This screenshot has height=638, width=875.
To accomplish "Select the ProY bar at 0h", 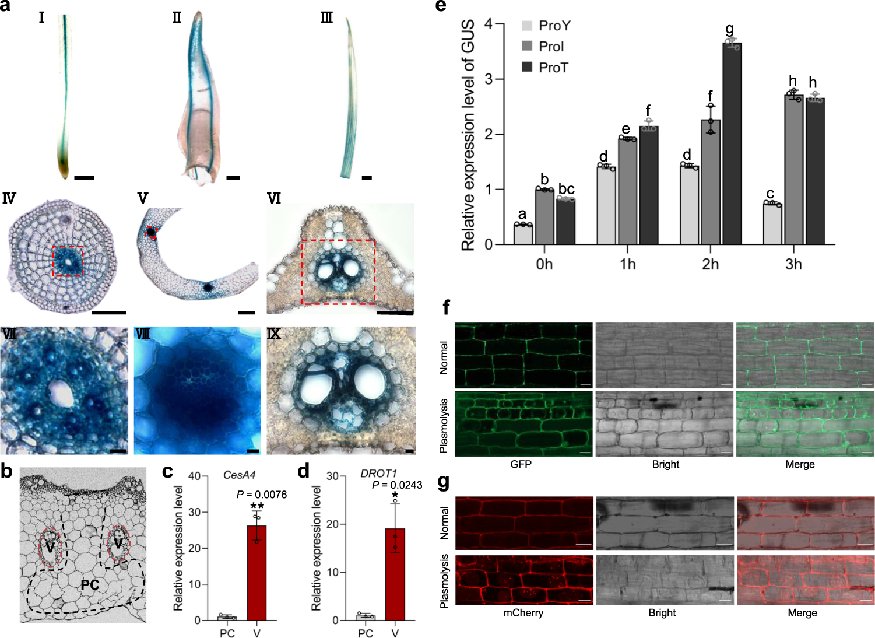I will point(523,234).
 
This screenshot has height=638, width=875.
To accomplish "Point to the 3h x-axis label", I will point(793,265).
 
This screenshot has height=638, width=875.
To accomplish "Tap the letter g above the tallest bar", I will point(729,29).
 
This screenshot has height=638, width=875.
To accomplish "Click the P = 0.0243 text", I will point(397,485).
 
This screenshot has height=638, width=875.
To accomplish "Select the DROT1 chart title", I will point(378,474).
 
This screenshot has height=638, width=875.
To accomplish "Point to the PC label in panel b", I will point(90,584).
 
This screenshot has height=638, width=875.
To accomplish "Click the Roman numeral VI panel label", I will point(274,198).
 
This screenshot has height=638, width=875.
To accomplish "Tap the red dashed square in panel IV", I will point(68,261).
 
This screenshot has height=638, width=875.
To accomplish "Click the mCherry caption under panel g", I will point(523,613).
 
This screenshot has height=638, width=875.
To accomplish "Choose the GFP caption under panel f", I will point(521,464).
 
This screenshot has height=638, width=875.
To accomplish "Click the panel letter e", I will point(441,7).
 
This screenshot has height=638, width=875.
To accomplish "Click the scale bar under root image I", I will point(84,177).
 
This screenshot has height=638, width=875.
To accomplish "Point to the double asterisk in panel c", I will point(256,506).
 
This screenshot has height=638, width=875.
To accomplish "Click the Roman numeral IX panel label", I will point(274,334).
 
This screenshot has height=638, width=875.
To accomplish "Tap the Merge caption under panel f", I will point(800,464).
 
